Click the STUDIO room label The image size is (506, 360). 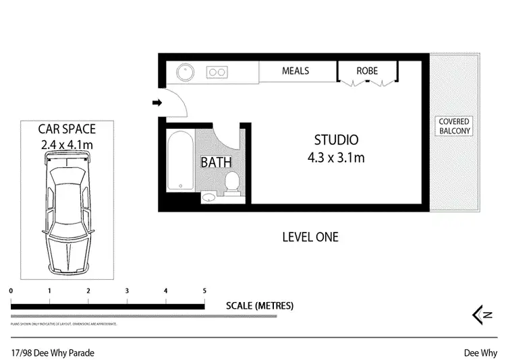tap(336, 140)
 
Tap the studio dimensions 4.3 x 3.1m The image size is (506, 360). tap(336, 158)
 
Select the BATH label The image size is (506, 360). tap(216, 162)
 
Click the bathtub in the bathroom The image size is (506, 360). tap(179, 162)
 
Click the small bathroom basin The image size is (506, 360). tap(209, 196)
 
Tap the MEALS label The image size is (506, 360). tap(296, 71)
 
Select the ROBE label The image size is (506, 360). tap(368, 71)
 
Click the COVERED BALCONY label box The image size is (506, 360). tap(454, 125)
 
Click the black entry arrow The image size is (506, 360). tap(157, 102)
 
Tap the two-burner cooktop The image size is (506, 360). tap(217, 71)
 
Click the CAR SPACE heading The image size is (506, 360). tap(67, 129)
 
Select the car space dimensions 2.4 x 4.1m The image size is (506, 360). tap(67, 144)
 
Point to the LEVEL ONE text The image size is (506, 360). tap(310, 237)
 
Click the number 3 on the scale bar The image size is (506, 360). tap(127, 291)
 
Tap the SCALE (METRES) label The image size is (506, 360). tap(260, 305)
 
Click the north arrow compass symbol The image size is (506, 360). tap(480, 314)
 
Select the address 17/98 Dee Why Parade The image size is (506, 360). tap(53, 353)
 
